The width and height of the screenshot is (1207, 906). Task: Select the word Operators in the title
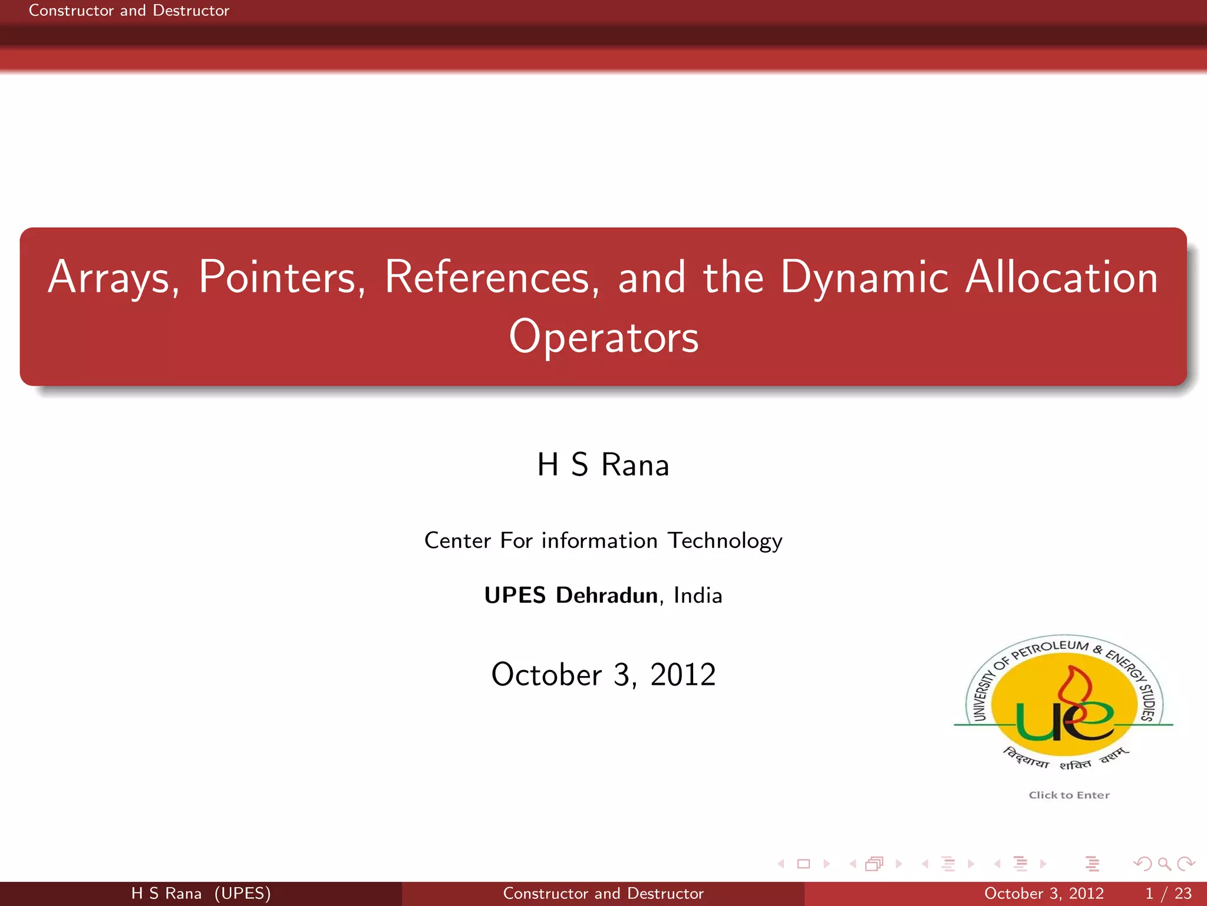(603, 337)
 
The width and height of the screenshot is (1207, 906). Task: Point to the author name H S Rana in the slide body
(603, 465)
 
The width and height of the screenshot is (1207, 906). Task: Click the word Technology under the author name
(725, 541)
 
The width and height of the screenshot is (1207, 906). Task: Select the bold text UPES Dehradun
(570, 595)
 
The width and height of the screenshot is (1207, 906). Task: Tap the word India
(698, 595)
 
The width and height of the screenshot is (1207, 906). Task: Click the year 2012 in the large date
(682, 674)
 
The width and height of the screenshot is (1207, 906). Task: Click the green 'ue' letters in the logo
(1064, 721)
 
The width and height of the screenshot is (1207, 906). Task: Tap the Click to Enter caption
(1069, 795)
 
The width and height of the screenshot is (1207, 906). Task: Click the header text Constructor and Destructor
(129, 11)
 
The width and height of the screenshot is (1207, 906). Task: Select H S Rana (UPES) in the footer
(201, 894)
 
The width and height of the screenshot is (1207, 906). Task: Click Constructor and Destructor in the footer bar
(603, 894)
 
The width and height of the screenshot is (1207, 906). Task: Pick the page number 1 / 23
(1168, 894)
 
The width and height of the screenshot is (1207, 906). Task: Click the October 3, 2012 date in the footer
(1044, 894)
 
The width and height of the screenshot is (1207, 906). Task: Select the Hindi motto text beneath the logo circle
(1064, 760)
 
